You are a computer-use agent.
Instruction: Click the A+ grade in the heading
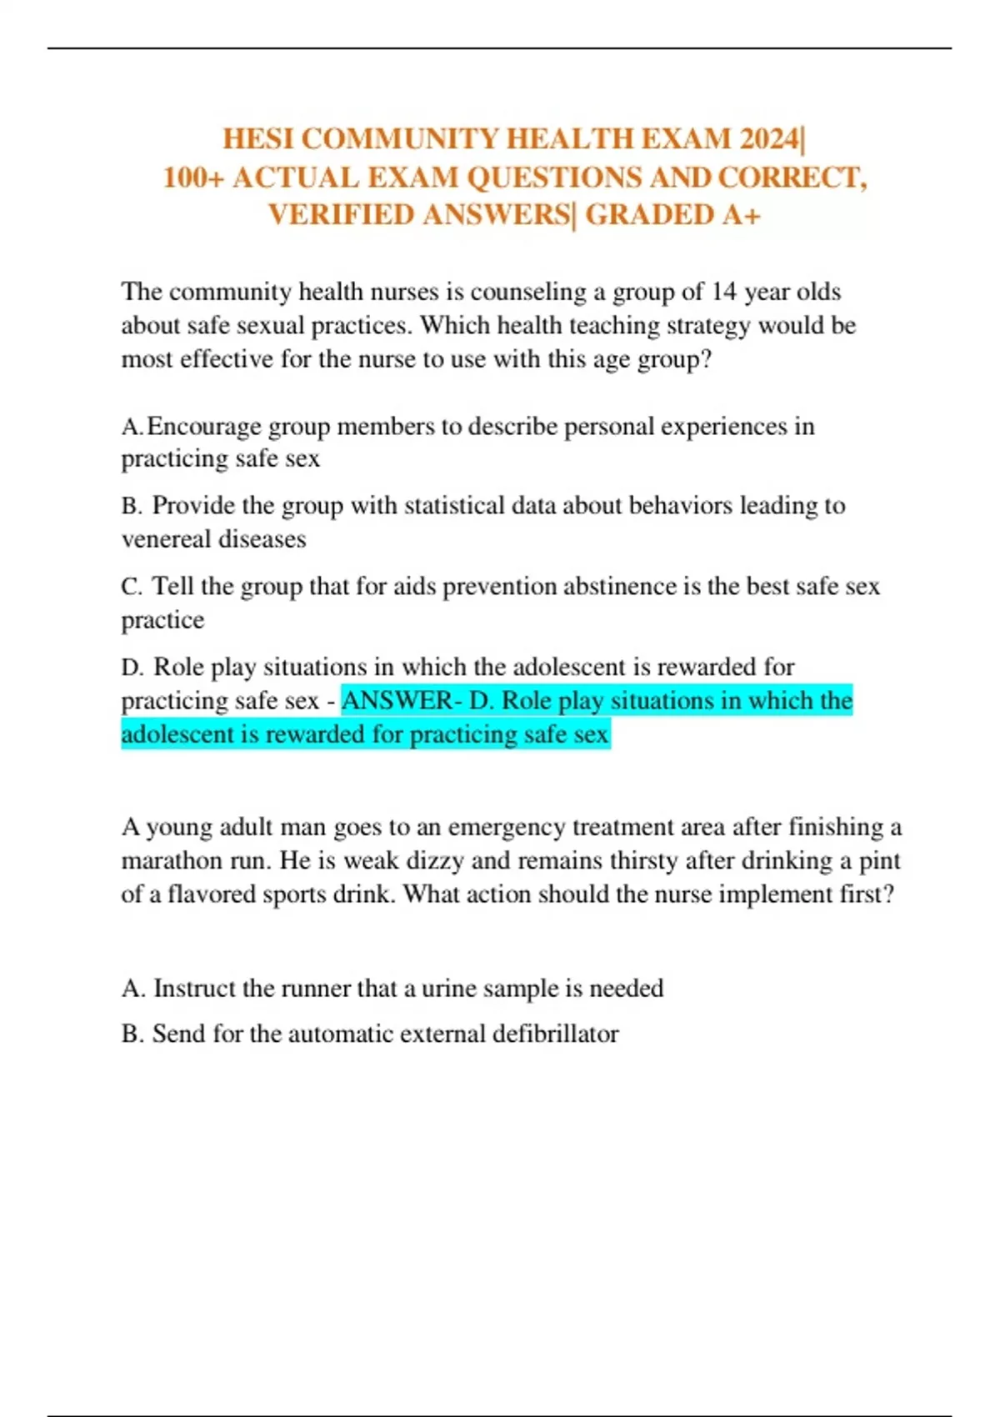click(741, 215)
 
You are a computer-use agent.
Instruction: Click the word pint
click(880, 861)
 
